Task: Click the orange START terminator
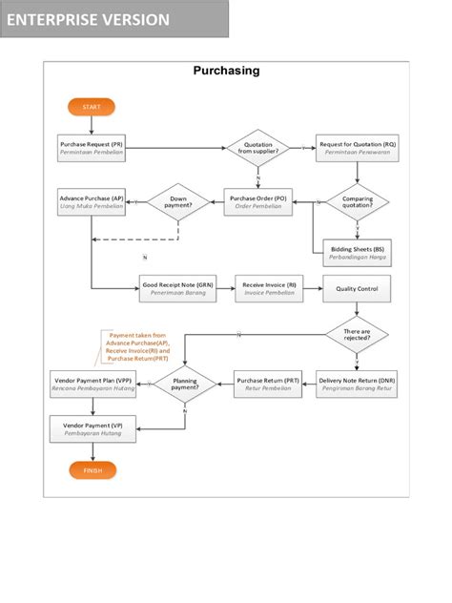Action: tap(92, 106)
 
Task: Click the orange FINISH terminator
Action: tap(92, 470)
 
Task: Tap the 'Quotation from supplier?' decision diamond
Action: tap(257, 148)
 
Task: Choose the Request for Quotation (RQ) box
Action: tap(358, 147)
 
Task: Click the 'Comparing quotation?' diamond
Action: tap(358, 201)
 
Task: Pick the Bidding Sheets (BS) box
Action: tap(358, 251)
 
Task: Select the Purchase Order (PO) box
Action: tap(257, 201)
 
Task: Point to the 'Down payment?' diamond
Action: tap(177, 201)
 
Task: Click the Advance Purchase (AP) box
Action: tap(92, 201)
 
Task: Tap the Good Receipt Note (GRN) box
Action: tap(177, 288)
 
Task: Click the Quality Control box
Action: tap(358, 288)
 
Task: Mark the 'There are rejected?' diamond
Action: tap(358, 334)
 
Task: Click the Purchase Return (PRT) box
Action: tap(268, 384)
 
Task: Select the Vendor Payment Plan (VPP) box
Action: tap(92, 384)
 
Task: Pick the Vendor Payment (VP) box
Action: tap(92, 428)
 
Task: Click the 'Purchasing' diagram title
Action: tap(226, 71)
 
